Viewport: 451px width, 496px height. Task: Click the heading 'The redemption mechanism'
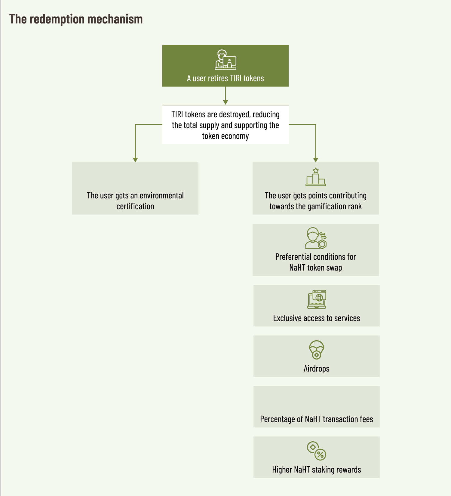point(76,19)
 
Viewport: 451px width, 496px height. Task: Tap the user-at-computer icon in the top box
point(226,60)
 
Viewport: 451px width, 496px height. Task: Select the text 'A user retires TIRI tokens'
point(226,78)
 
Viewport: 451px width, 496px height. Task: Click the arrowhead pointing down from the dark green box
point(226,102)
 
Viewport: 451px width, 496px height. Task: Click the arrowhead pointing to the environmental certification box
point(135,160)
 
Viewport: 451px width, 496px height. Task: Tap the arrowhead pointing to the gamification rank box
point(316,160)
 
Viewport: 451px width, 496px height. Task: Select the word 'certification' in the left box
point(135,207)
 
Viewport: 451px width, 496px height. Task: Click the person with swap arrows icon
point(316,238)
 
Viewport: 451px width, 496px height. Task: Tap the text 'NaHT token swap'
point(316,268)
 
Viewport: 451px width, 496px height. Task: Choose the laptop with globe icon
point(317,299)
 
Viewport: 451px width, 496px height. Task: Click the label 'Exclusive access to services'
point(317,318)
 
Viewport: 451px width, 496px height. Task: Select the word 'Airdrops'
point(317,369)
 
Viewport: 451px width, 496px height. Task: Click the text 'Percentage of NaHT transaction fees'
point(317,419)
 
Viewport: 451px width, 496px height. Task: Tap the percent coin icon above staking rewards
point(317,451)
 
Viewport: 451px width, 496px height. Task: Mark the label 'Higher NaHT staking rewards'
point(317,470)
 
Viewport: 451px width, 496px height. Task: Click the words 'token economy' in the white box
point(226,136)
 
